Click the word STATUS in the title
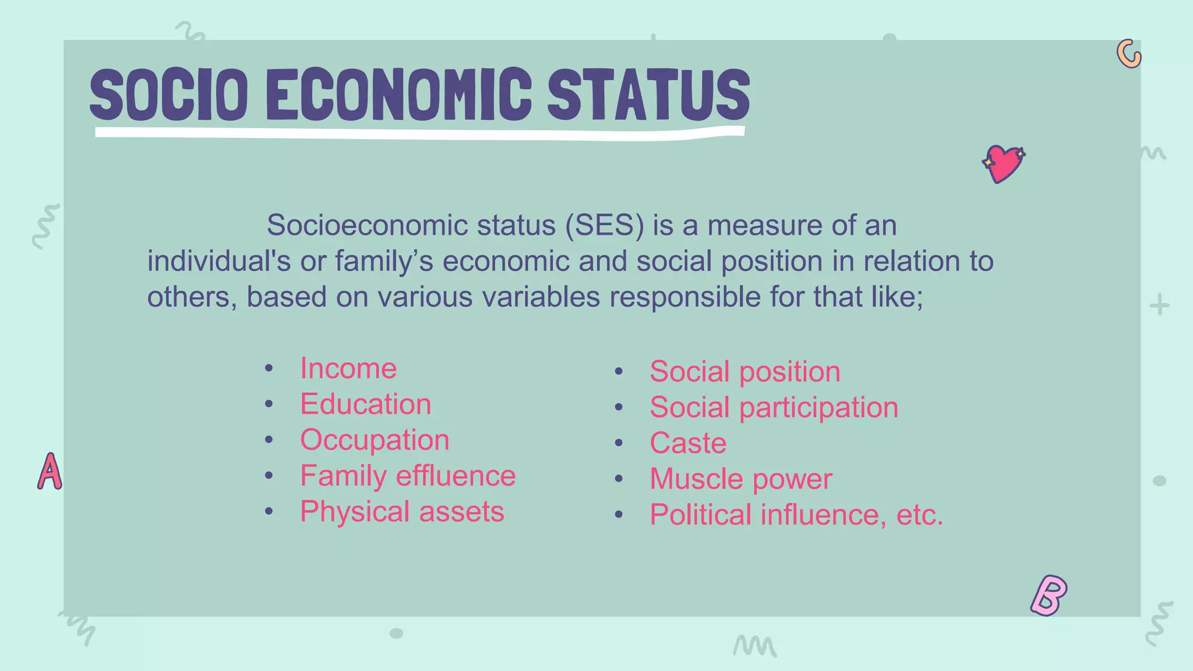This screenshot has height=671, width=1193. point(648,94)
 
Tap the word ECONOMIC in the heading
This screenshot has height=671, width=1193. point(399,94)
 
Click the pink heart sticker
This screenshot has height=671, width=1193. point(1003,164)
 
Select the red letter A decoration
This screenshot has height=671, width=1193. point(50,471)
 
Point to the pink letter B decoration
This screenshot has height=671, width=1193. point(1049,595)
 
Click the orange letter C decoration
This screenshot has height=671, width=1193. point(1128,54)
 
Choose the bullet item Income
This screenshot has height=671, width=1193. point(348,369)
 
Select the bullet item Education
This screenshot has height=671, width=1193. point(365,404)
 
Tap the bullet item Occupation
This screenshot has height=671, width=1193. point(375,440)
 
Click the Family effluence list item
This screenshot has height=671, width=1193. point(408,476)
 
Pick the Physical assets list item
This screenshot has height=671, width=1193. point(402,511)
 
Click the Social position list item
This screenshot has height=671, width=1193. point(745,372)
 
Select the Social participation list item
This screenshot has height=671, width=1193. point(774,407)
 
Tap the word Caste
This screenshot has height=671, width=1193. point(688,443)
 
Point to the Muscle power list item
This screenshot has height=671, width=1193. point(741,479)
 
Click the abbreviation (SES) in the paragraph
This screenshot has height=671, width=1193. point(605,225)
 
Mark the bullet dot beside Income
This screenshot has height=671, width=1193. point(269,368)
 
